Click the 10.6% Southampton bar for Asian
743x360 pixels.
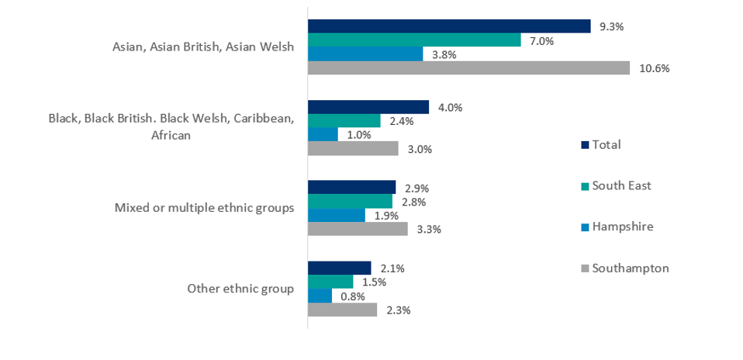(x=468, y=68)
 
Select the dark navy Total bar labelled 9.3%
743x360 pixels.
(x=449, y=26)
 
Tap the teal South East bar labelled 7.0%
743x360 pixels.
(x=414, y=40)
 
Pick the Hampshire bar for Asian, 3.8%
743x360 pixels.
(x=365, y=54)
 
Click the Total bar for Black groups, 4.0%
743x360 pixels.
(x=368, y=107)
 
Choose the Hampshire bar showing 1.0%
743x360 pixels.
(x=323, y=135)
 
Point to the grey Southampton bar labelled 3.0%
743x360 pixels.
(x=353, y=149)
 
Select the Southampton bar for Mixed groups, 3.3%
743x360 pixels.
(x=358, y=230)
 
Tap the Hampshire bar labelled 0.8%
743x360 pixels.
(x=320, y=296)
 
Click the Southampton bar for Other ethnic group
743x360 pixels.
(x=342, y=310)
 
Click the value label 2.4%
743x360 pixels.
(x=402, y=121)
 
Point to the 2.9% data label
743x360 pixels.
(x=417, y=188)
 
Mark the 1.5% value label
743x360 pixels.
(x=375, y=282)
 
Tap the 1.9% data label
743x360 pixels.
(x=386, y=216)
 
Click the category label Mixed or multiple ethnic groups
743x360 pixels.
(x=204, y=208)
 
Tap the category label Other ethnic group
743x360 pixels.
(x=240, y=289)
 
